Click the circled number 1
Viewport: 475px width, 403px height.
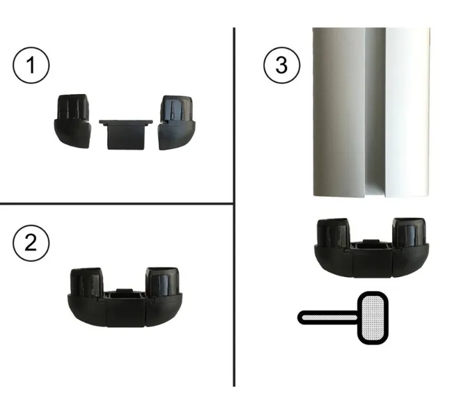click(31, 65)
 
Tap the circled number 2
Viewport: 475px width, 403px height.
click(31, 243)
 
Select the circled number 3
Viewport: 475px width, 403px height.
click(282, 65)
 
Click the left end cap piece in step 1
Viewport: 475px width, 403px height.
click(72, 121)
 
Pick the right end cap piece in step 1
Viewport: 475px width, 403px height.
click(177, 123)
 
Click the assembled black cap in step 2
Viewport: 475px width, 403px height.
click(125, 297)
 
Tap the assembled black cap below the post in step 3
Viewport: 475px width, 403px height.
click(372, 248)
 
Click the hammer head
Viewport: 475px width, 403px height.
click(373, 318)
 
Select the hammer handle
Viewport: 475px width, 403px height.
click(328, 317)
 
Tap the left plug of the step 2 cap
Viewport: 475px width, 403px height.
click(86, 282)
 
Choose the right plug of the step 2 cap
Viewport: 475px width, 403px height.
click(162, 281)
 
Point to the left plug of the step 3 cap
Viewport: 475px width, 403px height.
click(334, 232)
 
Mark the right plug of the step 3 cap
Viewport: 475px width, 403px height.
click(409, 232)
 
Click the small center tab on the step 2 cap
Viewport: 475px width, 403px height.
click(125, 291)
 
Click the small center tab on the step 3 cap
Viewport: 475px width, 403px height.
click(371, 242)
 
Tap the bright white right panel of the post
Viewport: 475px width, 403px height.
click(407, 112)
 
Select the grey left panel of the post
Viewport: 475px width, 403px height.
click(338, 112)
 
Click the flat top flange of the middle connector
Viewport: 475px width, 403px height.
click(126, 122)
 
